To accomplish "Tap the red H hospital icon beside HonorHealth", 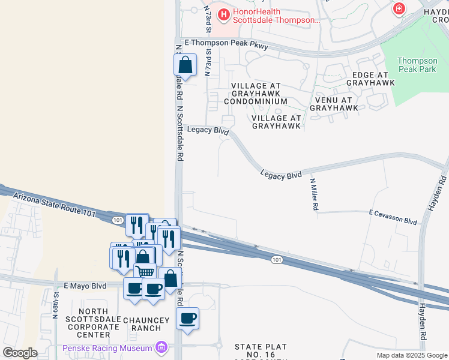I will [224, 13].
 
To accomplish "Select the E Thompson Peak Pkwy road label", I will [226, 44].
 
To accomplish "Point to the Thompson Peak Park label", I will [417, 65].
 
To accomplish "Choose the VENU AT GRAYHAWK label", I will [334, 104].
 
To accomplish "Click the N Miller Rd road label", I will [314, 194].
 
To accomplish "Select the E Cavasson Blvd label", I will [393, 217].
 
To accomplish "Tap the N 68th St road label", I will [56, 304].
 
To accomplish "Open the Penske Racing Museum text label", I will [107, 348].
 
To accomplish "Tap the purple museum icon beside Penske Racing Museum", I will [161, 347].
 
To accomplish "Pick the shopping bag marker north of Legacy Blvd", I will [185, 65].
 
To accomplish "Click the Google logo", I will [20, 353].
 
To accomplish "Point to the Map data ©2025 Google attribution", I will [411, 355].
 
